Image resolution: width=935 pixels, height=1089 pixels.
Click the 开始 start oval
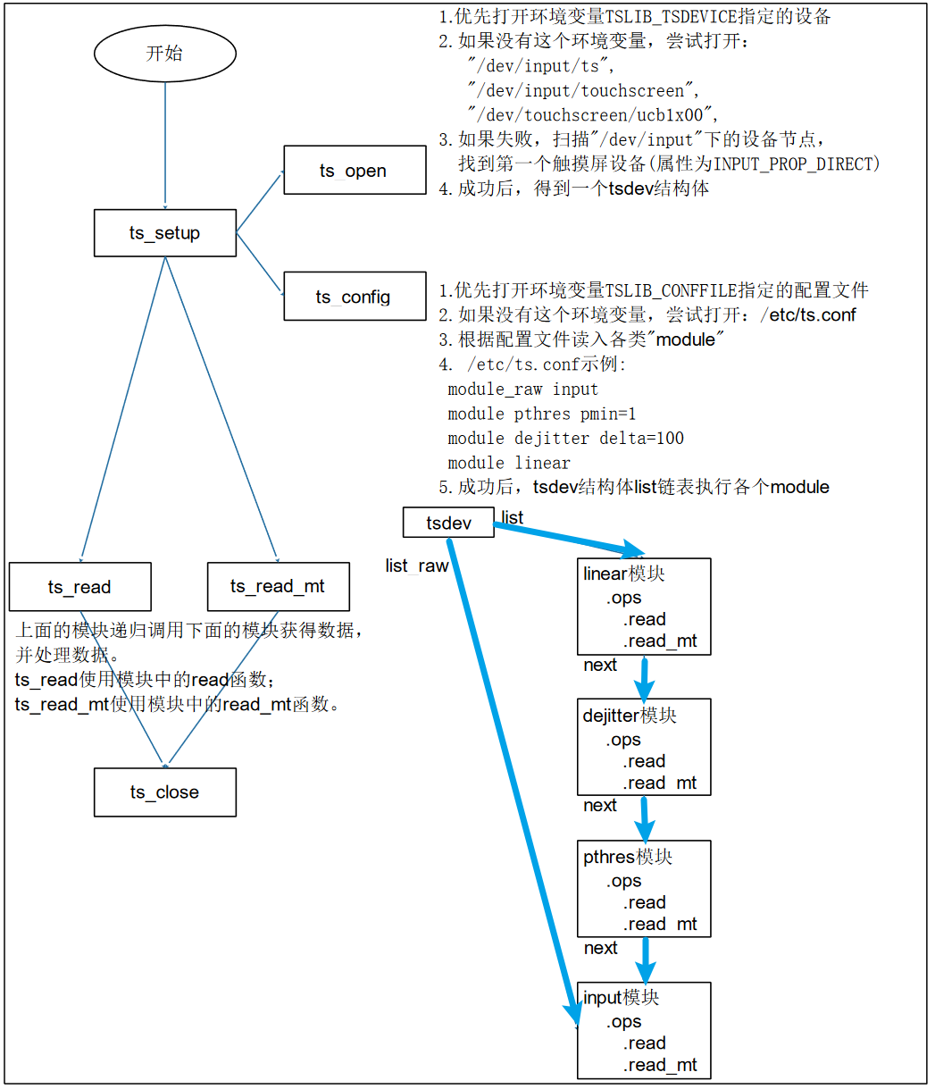(164, 54)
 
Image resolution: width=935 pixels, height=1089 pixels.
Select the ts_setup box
(164, 233)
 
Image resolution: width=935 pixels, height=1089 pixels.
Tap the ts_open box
(354, 171)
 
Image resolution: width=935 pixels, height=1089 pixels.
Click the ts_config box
(354, 297)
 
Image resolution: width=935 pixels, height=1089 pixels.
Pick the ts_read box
(79, 587)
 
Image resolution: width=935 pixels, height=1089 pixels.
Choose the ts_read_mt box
(278, 587)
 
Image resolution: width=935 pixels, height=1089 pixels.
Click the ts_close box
(164, 792)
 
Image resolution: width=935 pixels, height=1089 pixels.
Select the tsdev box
(448, 523)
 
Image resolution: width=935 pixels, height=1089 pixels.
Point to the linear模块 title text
(623, 574)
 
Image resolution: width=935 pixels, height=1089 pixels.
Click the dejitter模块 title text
(630, 716)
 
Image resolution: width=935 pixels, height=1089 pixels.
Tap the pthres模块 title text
(627, 857)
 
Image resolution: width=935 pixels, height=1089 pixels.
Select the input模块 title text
(621, 998)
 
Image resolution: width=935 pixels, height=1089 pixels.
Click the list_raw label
(416, 565)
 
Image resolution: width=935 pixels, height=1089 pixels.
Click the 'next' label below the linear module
(600, 665)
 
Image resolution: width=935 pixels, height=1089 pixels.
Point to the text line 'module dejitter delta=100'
(565, 438)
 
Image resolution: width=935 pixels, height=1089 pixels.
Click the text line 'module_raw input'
(522, 389)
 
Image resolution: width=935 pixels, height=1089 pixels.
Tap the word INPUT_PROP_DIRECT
(797, 163)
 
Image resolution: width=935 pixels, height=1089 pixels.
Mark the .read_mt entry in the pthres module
(660, 924)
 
